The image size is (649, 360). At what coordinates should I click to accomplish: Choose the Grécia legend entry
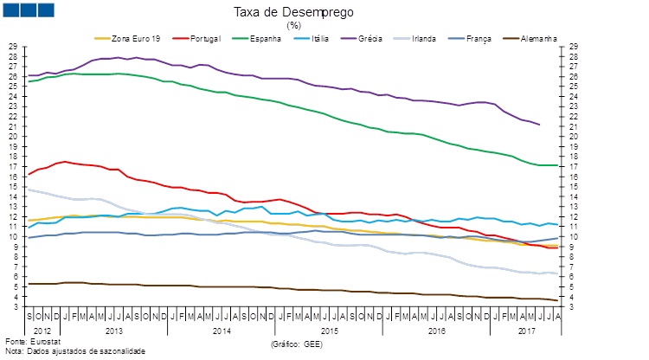point(391,39)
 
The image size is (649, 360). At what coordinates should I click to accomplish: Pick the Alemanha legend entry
point(537,39)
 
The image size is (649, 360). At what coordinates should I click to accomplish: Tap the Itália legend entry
point(325,39)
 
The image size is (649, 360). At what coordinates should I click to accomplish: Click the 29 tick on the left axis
point(12,47)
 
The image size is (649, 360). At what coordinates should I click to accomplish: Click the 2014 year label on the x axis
point(221,331)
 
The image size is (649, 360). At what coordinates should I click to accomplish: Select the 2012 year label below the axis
point(43,331)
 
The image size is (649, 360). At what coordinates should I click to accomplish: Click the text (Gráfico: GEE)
point(298,344)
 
